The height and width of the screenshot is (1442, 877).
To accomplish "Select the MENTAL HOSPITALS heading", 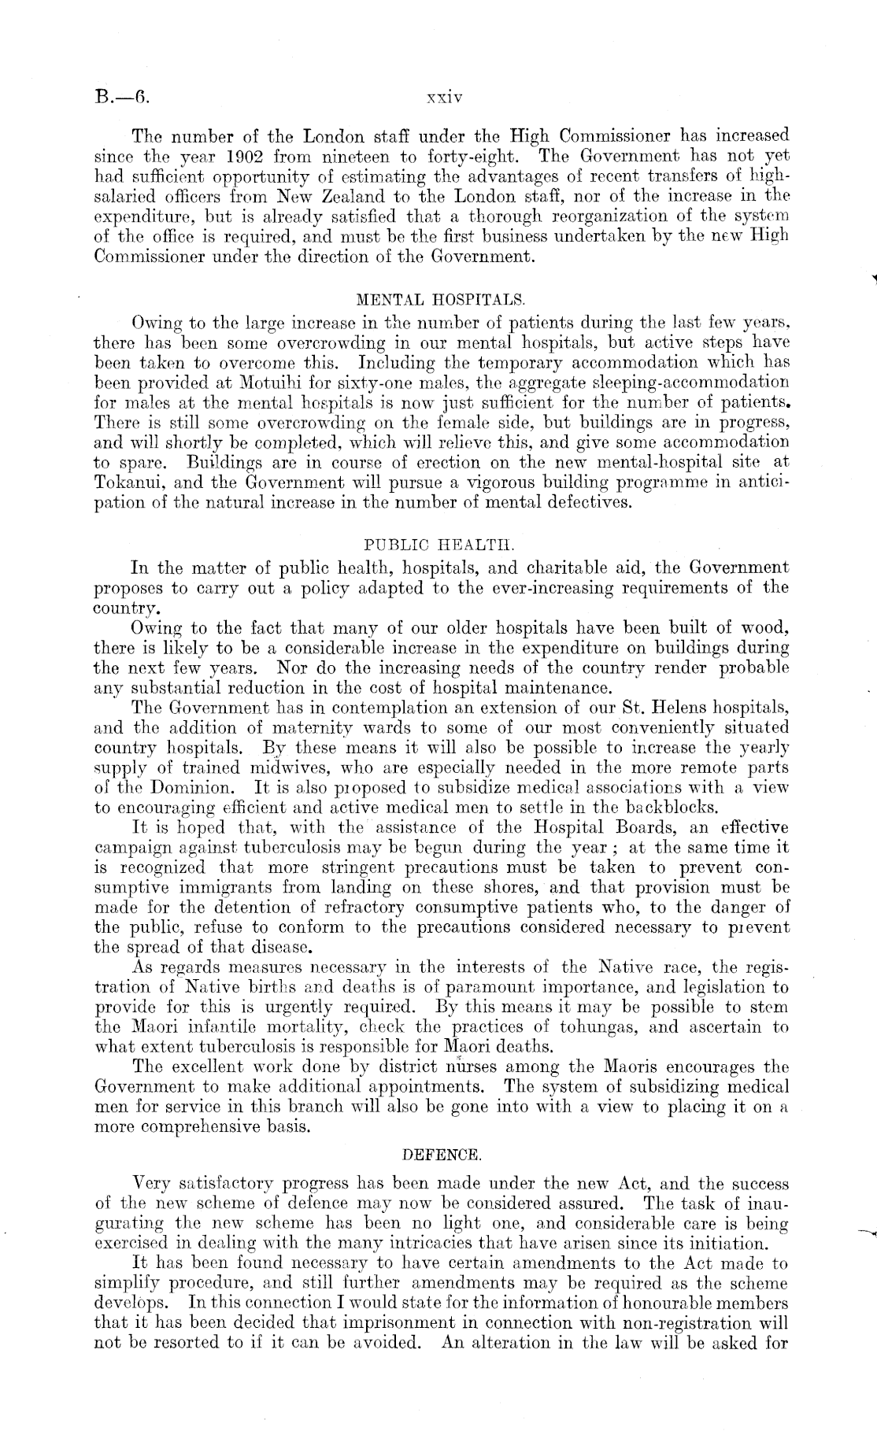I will point(440,300).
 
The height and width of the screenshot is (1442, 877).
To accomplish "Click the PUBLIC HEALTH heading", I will point(441,545).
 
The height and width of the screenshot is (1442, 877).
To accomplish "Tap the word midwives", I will point(294,767).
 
